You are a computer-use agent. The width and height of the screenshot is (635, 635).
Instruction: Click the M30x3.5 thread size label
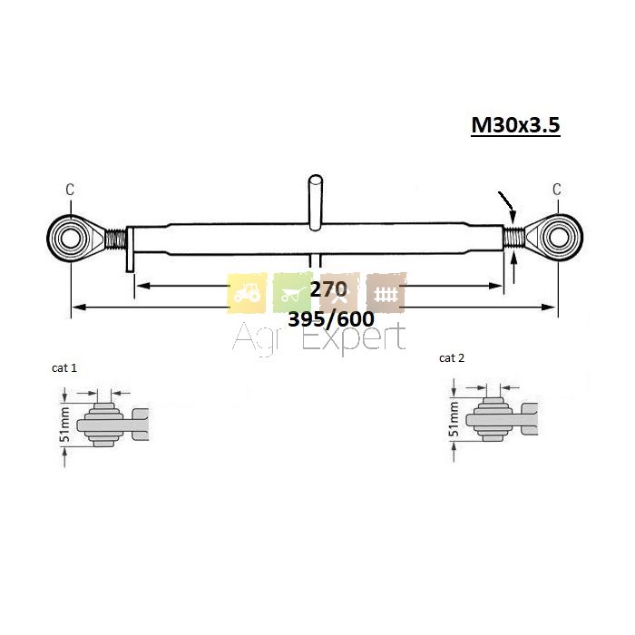pos(515,125)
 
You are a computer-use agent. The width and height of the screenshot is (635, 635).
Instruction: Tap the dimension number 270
pos(328,289)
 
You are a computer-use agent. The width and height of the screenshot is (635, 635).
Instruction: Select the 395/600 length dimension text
pos(331,319)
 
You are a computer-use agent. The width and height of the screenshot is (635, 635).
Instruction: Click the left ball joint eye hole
pos(70,238)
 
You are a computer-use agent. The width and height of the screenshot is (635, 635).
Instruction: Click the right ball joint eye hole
pos(559,238)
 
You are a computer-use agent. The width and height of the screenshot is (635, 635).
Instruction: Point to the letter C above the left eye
pos(70,189)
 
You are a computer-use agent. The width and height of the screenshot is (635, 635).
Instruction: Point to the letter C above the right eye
pos(557,189)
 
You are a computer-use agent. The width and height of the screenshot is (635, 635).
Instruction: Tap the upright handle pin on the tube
pos(316,202)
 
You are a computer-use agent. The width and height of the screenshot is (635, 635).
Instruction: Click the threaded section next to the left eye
pos(116,239)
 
